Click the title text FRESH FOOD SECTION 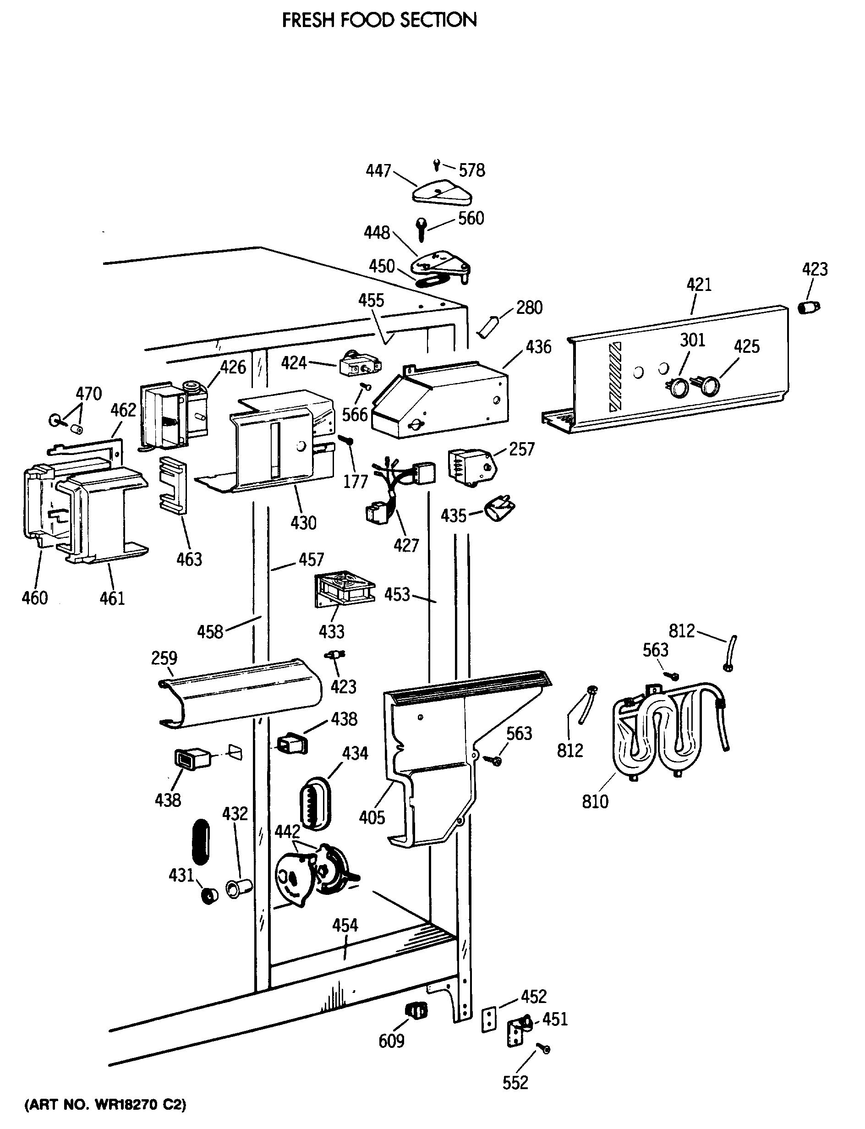pyautogui.click(x=379, y=20)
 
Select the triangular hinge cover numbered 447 pyautogui.click(x=442, y=193)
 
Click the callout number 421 pyautogui.click(x=699, y=284)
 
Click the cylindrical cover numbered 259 pyautogui.click(x=240, y=693)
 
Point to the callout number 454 pyautogui.click(x=345, y=925)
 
